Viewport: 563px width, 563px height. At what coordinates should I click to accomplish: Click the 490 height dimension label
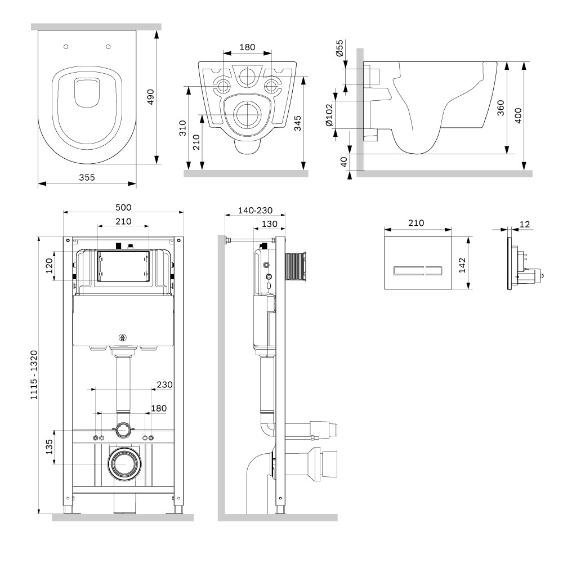pyautogui.click(x=150, y=97)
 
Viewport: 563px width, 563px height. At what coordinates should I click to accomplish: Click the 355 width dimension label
pyautogui.click(x=87, y=177)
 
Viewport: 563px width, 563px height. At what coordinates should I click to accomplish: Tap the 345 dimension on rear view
pyautogui.click(x=297, y=123)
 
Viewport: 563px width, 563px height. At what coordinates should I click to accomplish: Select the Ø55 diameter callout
pyautogui.click(x=339, y=48)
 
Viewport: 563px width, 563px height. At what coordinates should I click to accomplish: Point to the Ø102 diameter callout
pyautogui.click(x=329, y=115)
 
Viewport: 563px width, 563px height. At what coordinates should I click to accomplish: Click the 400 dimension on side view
pyautogui.click(x=518, y=115)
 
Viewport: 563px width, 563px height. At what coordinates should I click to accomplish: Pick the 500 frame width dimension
pyautogui.click(x=123, y=208)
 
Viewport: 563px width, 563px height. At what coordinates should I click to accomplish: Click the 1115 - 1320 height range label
pyautogui.click(x=34, y=375)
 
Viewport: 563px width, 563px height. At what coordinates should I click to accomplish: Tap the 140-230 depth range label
pyautogui.click(x=255, y=211)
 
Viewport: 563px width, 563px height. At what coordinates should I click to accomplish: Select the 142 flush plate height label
pyautogui.click(x=462, y=265)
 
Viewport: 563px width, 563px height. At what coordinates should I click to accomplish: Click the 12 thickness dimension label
pyautogui.click(x=525, y=224)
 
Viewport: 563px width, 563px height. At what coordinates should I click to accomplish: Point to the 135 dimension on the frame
pyautogui.click(x=49, y=447)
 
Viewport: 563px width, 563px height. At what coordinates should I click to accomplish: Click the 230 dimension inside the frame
pyautogui.click(x=164, y=385)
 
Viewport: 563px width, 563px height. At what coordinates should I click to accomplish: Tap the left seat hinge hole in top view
pyautogui.click(x=66, y=47)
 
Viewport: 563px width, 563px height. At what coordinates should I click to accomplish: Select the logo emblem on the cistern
pyautogui.click(x=123, y=337)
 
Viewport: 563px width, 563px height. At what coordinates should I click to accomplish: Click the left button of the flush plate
pyautogui.click(x=409, y=271)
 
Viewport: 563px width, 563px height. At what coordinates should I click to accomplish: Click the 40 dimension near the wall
pyautogui.click(x=344, y=162)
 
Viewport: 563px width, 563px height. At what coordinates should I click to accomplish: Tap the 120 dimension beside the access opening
pyautogui.click(x=49, y=266)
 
